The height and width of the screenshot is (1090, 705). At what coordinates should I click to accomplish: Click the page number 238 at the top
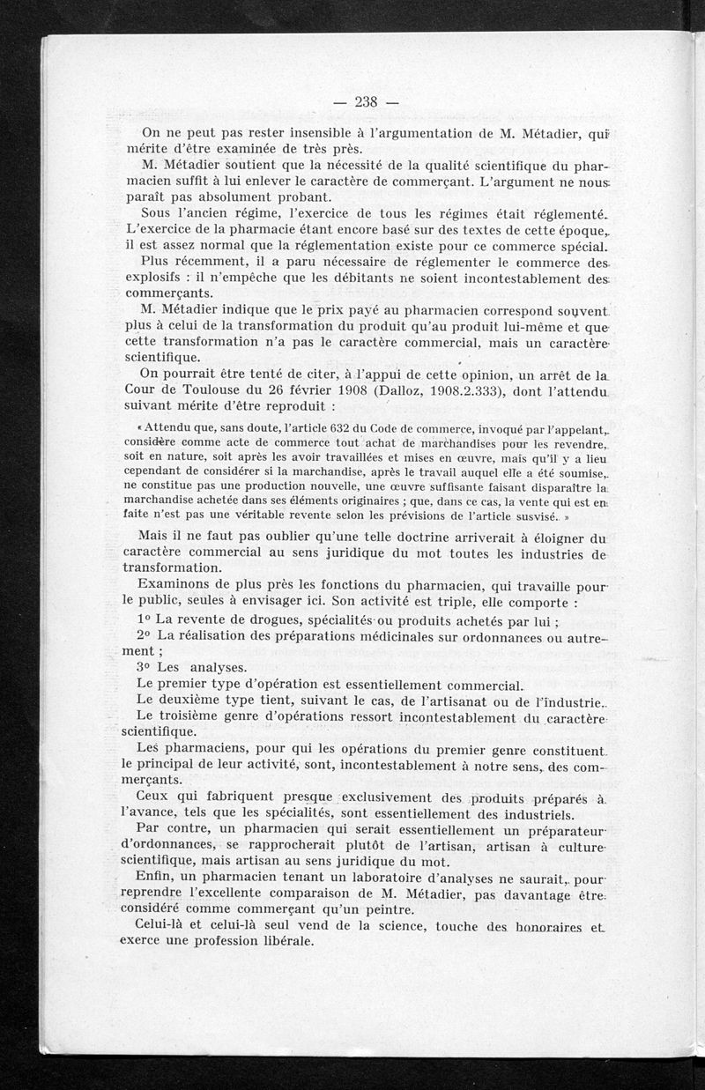(365, 100)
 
